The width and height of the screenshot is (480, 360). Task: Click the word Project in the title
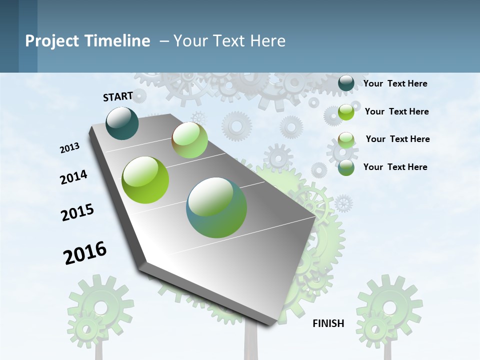(x=52, y=41)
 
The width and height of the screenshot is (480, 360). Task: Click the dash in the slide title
(x=164, y=41)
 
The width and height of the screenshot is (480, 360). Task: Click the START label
(x=118, y=96)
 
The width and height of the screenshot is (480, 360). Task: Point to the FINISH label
(x=328, y=323)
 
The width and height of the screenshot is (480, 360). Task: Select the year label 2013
(x=70, y=148)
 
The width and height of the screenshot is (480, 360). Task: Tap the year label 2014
(x=73, y=177)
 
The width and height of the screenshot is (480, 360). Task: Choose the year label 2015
(x=77, y=212)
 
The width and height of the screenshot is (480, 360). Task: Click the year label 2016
(x=85, y=253)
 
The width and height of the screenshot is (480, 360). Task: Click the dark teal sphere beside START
(x=122, y=123)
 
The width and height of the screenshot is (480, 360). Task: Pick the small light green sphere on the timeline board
(x=190, y=140)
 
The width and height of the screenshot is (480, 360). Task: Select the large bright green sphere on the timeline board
(x=145, y=180)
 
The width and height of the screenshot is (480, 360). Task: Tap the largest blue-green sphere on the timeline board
(x=216, y=207)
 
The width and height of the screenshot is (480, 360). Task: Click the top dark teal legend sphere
(x=346, y=83)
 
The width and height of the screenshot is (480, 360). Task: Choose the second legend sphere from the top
(x=346, y=112)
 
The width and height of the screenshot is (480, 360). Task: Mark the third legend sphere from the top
(x=346, y=140)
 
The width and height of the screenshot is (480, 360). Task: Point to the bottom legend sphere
(x=346, y=167)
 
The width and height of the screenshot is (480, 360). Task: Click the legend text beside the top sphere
(x=395, y=83)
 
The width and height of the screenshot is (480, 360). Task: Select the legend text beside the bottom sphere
(x=395, y=167)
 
